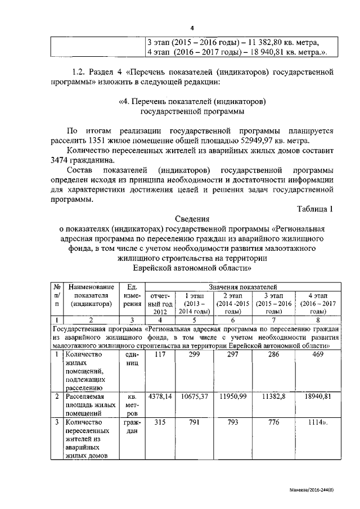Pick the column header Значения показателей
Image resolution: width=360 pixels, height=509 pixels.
coord(243,287)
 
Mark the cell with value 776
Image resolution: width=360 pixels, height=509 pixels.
coord(275,422)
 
